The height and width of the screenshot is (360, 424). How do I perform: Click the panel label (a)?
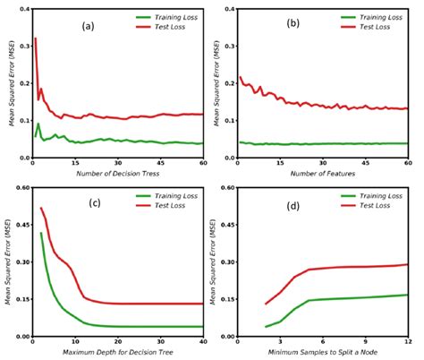pyautogui.click(x=88, y=26)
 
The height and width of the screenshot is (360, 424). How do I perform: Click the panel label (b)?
pyautogui.click(x=293, y=26)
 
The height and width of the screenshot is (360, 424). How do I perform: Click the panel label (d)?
pyautogui.click(x=293, y=204)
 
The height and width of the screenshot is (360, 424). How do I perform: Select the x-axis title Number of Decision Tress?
pyautogui.click(x=117, y=173)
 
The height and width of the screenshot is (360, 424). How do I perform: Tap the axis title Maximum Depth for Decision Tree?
pyautogui.click(x=117, y=351)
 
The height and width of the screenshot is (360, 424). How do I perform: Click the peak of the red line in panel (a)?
pyautogui.click(x=34, y=39)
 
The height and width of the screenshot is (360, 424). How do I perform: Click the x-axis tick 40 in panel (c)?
pyautogui.click(x=204, y=341)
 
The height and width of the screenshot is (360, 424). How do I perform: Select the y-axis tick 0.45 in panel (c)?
pyautogui.click(x=20, y=226)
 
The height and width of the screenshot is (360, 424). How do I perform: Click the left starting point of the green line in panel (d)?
pyautogui.click(x=266, y=327)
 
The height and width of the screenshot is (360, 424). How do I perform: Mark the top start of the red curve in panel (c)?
pyautogui.click(x=41, y=209)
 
